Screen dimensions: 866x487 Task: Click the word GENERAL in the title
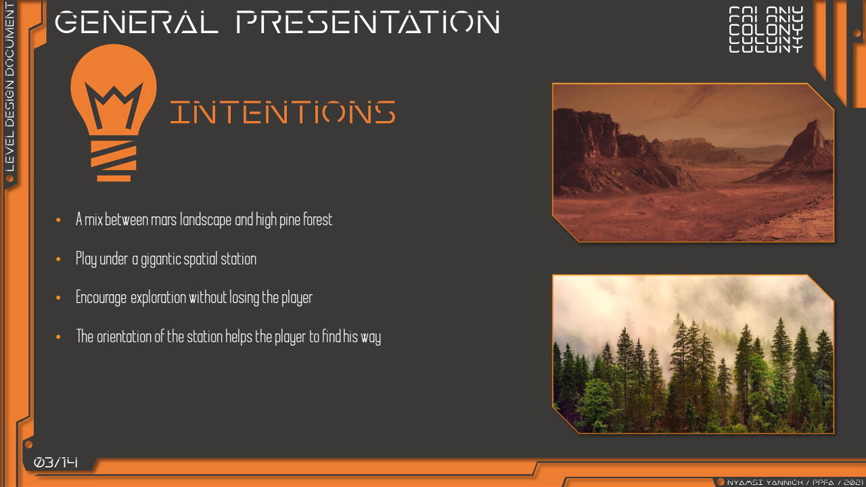coord(137,22)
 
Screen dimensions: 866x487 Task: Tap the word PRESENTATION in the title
coord(368,22)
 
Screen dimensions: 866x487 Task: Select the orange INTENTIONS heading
coord(283,112)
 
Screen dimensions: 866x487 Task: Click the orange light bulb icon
coord(114,112)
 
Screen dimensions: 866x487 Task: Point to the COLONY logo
coord(766,29)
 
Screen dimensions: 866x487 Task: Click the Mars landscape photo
coord(693,162)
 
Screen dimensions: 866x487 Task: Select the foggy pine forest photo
coord(693,354)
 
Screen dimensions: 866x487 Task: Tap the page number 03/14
coord(55,462)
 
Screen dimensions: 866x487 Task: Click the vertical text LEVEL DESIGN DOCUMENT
coord(9,87)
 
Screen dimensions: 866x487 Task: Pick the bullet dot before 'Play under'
coord(58,259)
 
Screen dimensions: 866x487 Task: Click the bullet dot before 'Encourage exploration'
coord(58,298)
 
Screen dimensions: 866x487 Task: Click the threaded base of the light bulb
coord(114,160)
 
